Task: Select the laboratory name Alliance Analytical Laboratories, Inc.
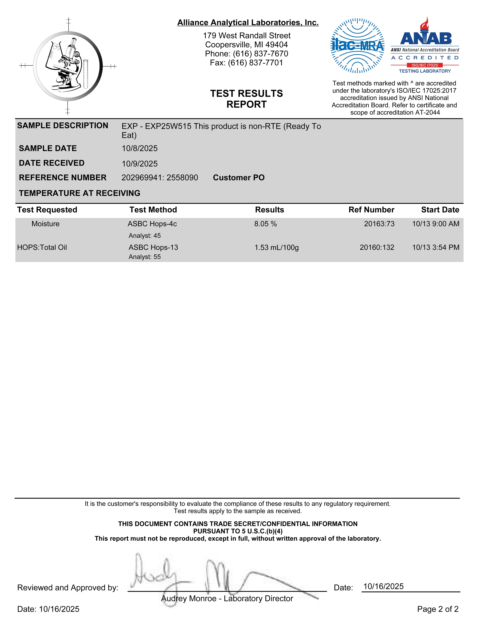click(248, 23)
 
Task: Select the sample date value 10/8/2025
click(140, 149)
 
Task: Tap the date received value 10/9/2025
click(140, 164)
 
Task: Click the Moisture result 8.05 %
click(265, 224)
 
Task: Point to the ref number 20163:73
click(379, 224)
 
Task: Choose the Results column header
click(269, 210)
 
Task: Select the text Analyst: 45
click(145, 236)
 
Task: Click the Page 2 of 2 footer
click(437, 609)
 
